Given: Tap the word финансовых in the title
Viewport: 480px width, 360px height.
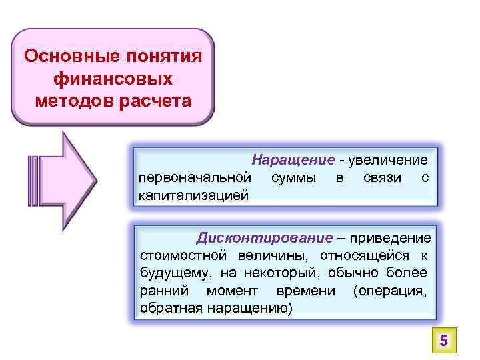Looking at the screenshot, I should [112, 79].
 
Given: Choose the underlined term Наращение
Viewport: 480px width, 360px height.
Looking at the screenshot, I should [293, 160].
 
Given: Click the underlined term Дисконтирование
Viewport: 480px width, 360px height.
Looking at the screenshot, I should [263, 238].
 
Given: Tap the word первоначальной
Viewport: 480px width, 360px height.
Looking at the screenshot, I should [195, 177].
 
